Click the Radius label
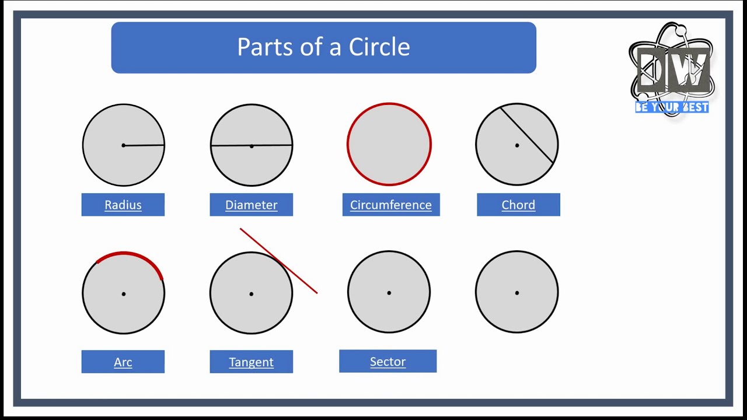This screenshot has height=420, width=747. [123, 205]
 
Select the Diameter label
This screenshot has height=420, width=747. [252, 205]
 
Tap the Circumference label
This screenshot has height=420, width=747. [391, 205]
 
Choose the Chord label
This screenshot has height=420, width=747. [518, 205]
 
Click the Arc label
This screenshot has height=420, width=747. [123, 362]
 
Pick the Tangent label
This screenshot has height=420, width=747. [252, 362]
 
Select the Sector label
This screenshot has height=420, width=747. [388, 362]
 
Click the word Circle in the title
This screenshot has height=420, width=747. [379, 47]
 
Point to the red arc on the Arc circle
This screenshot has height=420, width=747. [125, 254]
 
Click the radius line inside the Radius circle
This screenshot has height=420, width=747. [144, 145]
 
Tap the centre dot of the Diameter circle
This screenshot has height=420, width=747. [252, 146]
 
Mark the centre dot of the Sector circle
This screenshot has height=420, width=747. [389, 293]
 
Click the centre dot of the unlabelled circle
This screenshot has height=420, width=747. [517, 293]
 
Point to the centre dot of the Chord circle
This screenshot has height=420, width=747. [517, 145]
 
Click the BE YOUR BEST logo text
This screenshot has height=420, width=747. [672, 107]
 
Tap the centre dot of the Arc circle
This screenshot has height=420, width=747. [124, 294]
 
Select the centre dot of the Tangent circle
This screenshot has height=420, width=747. [252, 294]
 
